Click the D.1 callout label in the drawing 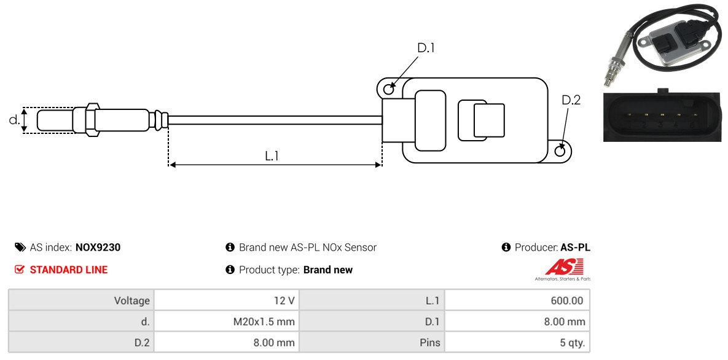[426, 48]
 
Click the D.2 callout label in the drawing [571, 100]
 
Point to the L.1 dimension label [272, 156]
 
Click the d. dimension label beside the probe [14, 119]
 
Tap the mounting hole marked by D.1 [389, 87]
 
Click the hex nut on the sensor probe [92, 120]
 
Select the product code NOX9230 [98, 248]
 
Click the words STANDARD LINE [69, 270]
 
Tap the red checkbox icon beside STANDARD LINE [20, 270]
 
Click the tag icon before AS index [20, 247]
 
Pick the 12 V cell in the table [227, 300]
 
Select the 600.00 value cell [517, 300]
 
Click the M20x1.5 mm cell [227, 321]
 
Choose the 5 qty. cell [517, 343]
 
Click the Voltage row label [132, 301]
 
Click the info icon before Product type [230, 270]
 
